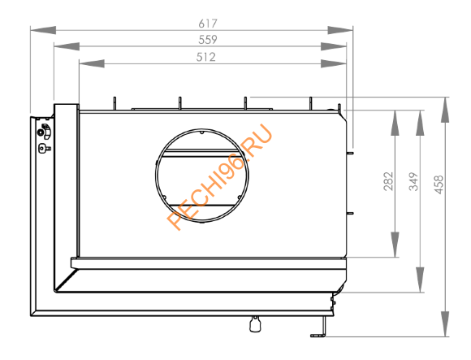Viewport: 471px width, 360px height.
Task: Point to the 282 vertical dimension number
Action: [387, 180]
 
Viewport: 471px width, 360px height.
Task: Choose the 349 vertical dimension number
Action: [413, 181]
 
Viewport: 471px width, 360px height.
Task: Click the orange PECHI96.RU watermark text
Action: [220, 176]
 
